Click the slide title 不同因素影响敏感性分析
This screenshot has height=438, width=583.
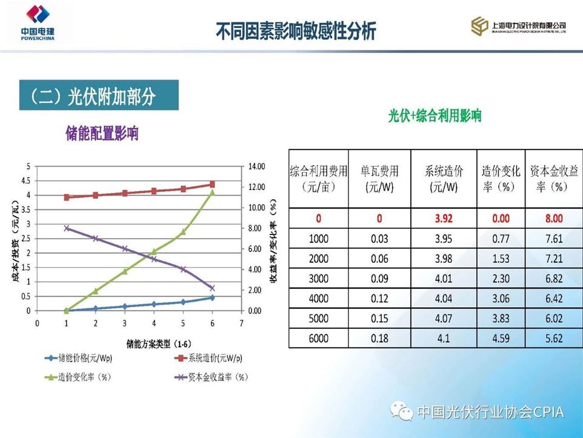pos(296,31)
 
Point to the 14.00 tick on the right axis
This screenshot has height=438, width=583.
pos(257,166)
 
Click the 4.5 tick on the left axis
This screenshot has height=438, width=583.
pos(25,181)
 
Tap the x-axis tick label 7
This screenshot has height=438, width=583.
pos(241,324)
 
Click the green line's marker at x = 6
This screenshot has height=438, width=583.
pos(212,192)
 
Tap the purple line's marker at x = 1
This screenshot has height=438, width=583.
pos(67,228)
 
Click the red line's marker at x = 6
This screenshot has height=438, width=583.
pos(212,184)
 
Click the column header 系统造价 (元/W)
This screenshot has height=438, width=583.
pos(443,179)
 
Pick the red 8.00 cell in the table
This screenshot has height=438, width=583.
pos(553,219)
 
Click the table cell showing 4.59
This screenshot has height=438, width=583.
pos(501,338)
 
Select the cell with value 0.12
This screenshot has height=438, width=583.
pos(379,299)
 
